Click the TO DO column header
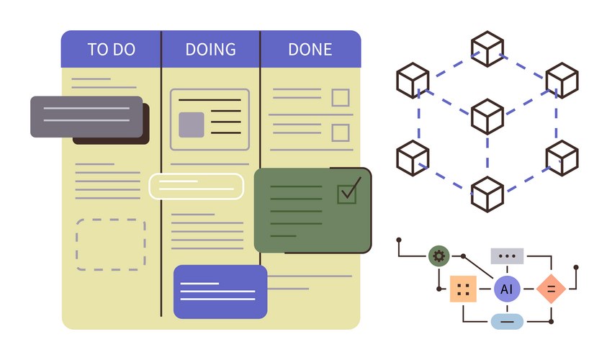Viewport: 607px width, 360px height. tap(111, 49)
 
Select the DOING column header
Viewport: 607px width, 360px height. tap(210, 49)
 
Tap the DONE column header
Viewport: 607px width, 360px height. tap(310, 49)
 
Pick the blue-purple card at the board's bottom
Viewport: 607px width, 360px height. tap(220, 291)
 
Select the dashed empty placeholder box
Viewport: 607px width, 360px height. tap(111, 245)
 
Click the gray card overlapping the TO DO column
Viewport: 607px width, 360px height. tap(86, 116)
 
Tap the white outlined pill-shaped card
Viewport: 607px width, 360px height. tap(196, 186)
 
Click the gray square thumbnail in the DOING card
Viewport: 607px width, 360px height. tap(191, 125)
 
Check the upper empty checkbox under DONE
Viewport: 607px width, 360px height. tap(340, 97)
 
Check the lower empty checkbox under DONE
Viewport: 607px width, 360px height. tap(340, 132)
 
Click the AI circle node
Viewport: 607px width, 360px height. tap(506, 289)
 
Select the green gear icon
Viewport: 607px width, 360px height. tap(439, 256)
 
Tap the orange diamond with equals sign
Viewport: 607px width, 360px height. tap(551, 289)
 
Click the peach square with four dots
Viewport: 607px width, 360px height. tap(464, 289)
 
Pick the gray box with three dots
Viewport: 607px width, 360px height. tap(507, 256)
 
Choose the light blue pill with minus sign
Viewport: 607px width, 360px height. tap(507, 322)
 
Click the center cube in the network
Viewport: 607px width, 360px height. tap(487, 116)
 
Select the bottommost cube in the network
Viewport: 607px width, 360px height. tap(487, 194)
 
